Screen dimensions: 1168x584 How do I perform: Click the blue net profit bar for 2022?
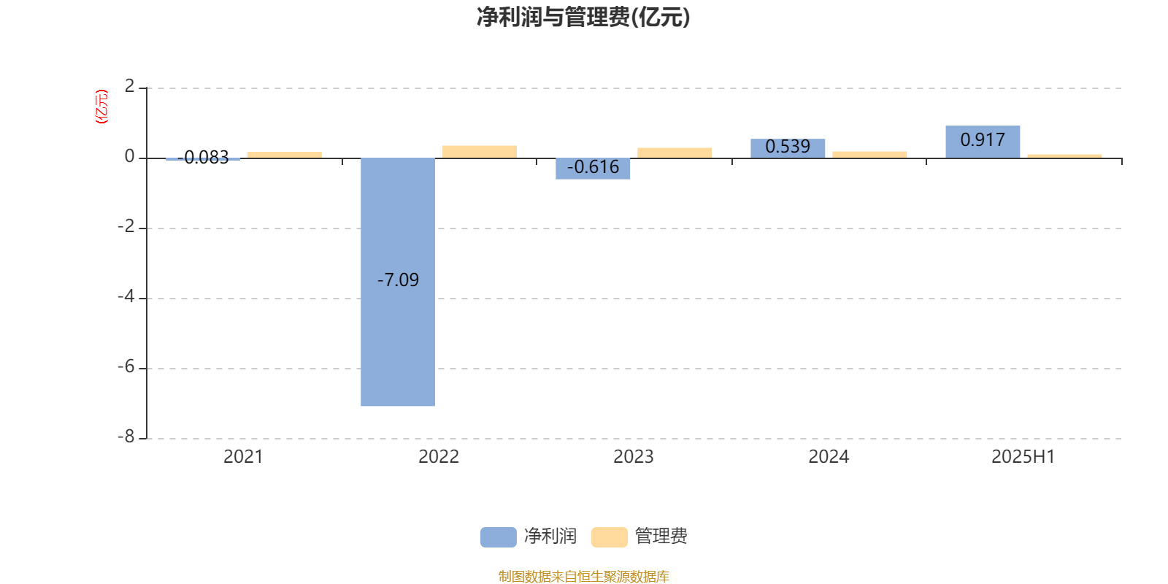(398, 282)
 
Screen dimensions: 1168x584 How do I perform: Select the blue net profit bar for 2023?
(593, 169)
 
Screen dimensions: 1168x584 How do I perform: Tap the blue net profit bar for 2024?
(788, 148)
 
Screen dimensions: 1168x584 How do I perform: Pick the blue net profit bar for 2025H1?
(983, 142)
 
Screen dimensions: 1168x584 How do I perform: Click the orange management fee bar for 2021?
(285, 155)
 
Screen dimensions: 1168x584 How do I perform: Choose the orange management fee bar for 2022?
(480, 152)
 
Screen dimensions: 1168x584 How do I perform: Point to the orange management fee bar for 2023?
(675, 153)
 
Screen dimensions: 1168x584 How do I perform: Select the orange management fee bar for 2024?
(869, 154)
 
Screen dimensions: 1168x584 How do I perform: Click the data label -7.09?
(398, 280)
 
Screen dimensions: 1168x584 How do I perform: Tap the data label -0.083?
(203, 157)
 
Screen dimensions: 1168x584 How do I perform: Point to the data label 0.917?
(983, 139)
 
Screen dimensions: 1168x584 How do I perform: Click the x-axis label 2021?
(243, 457)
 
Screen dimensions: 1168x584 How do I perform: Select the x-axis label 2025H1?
(1023, 457)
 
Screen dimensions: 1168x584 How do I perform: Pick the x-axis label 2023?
(633, 457)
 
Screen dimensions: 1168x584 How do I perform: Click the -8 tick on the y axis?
(126, 437)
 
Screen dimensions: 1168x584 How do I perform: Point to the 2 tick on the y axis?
(129, 86)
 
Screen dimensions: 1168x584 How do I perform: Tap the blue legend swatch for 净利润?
(499, 537)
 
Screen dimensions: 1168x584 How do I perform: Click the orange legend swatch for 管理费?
(609, 537)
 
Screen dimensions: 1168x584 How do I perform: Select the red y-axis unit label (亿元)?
(101, 107)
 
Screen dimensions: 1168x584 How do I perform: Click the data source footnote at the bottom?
(583, 576)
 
